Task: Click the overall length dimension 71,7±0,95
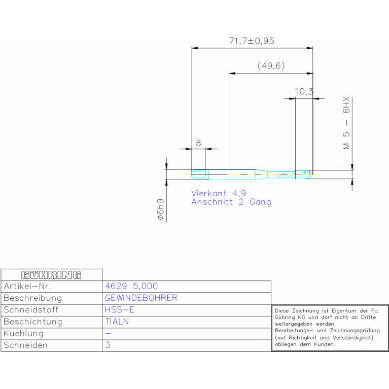coord(252,41)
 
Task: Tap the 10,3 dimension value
coord(304,91)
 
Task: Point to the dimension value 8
coord(198,143)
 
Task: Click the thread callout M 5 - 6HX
coord(346,123)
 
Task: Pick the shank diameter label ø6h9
coord(161,209)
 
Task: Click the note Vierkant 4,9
coord(219,193)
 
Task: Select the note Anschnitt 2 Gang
coord(231,202)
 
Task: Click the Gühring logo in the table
coord(51,275)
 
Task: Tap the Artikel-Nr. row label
coord(27,286)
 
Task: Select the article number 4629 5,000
coord(131,286)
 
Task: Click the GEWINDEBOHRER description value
coord(141,298)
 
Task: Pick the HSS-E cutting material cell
coord(120,310)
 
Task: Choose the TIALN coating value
coord(117,322)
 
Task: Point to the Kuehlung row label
coord(23,333)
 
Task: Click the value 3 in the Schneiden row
coord(108,345)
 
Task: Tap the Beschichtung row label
coord(33,322)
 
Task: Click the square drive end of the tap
coord(199,174)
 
